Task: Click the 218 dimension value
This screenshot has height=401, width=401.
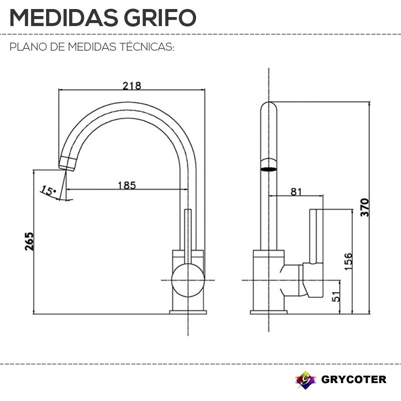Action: tap(132, 86)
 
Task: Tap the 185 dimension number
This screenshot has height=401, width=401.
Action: tap(127, 185)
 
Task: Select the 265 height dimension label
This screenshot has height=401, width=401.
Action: tap(30, 241)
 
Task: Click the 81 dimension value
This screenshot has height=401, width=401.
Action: tap(296, 191)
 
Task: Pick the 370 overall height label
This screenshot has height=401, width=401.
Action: tap(365, 208)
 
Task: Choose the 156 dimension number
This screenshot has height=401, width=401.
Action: tap(348, 261)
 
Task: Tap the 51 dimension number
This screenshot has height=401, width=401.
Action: tap(336, 296)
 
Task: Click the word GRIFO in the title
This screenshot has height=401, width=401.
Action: tap(160, 18)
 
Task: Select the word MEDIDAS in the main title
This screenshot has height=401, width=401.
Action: tap(64, 18)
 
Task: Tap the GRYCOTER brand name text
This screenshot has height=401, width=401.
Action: tap(354, 379)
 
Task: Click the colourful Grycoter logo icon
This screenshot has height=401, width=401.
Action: tap(305, 380)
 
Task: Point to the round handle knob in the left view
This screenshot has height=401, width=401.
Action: tap(188, 280)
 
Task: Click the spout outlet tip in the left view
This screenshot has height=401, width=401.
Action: tap(68, 163)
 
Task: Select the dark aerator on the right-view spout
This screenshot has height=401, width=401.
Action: tap(269, 169)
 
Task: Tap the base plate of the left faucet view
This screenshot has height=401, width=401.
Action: tap(188, 312)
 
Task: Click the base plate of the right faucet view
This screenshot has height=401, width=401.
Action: tap(269, 312)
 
